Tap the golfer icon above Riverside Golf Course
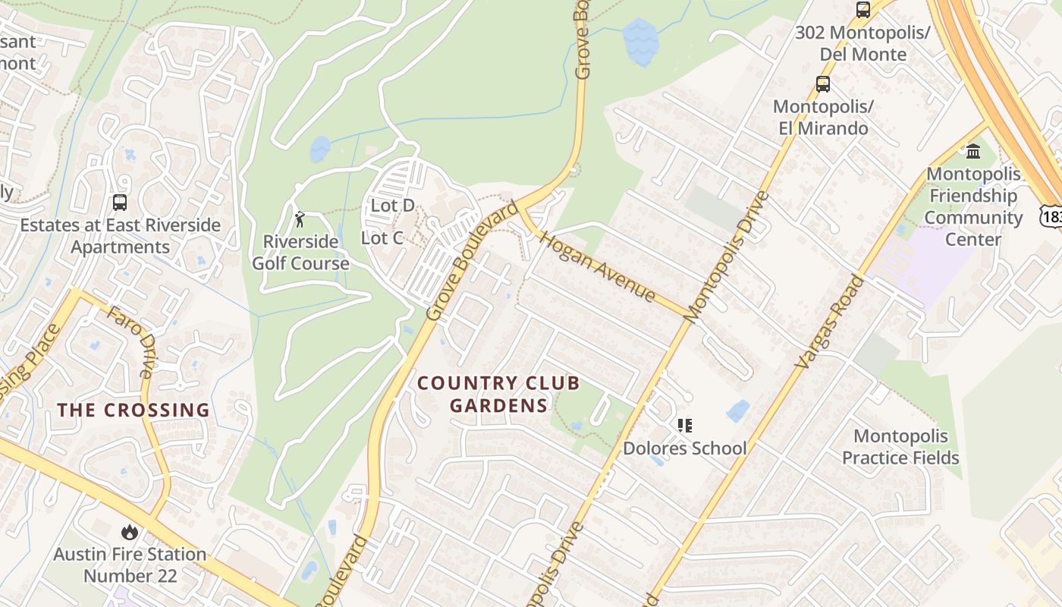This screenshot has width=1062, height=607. (300, 220)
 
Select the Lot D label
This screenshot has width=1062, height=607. (392, 205)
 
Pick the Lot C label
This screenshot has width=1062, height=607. (382, 237)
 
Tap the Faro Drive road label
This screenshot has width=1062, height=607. (131, 342)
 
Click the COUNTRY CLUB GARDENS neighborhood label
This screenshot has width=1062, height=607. (498, 394)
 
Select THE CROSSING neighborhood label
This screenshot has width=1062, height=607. (134, 410)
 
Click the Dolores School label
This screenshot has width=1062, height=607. (684, 448)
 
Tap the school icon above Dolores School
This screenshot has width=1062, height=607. (685, 426)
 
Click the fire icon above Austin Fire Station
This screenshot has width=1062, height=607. (130, 532)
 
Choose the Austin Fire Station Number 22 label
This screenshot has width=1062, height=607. (130, 565)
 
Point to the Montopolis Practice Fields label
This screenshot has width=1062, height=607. (900, 447)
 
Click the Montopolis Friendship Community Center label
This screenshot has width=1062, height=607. (973, 206)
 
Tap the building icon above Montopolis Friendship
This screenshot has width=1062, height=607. (973, 151)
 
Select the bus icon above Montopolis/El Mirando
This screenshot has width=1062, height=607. (823, 84)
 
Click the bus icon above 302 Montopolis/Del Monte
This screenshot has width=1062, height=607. (862, 10)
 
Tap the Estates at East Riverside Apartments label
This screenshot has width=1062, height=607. (121, 236)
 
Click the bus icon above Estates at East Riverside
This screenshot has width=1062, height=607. (120, 203)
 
